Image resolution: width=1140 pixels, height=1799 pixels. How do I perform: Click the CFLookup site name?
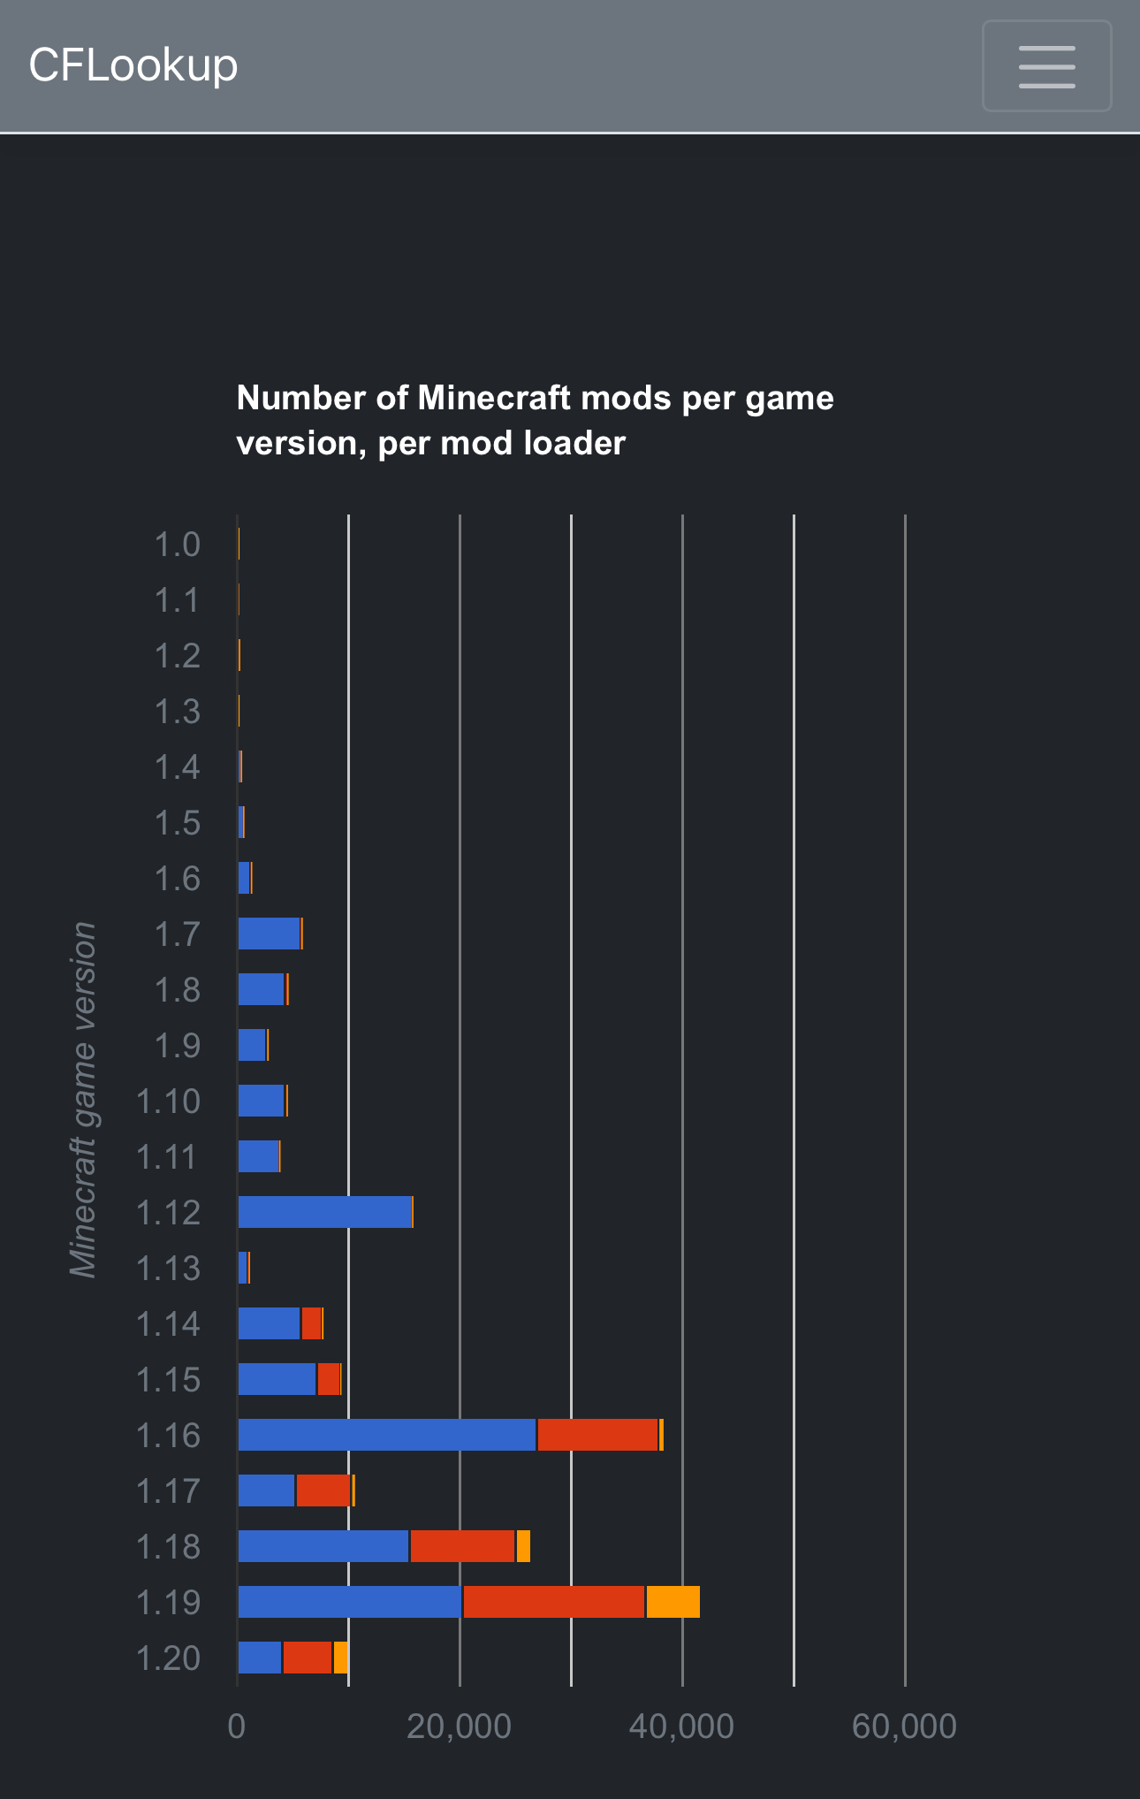[x=133, y=65]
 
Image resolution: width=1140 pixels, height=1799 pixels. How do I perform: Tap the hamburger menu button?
[x=1046, y=66]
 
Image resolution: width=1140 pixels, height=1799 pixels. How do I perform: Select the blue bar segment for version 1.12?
[x=324, y=1212]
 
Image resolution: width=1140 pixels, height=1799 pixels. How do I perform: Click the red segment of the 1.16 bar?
[x=597, y=1435]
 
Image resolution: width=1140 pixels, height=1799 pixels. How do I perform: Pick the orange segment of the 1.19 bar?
[x=673, y=1602]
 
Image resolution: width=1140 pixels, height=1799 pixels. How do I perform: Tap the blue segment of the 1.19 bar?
[x=349, y=1602]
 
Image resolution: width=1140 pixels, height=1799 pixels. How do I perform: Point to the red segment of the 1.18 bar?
[x=462, y=1546]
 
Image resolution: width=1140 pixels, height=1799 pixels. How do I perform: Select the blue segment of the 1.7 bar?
[x=269, y=934]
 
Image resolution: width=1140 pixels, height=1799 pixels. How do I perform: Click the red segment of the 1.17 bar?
[x=323, y=1490]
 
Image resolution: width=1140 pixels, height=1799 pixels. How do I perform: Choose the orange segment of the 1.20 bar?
[x=340, y=1658]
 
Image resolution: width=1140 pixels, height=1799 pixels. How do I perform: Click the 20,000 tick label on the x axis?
[x=459, y=1727]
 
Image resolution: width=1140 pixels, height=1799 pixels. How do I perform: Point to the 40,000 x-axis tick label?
[x=681, y=1727]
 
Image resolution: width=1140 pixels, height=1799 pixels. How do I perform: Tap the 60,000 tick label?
[x=904, y=1727]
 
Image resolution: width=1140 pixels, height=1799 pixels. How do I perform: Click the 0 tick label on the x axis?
[x=236, y=1727]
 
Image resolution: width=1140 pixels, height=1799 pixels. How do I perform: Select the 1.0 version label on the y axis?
[x=178, y=545]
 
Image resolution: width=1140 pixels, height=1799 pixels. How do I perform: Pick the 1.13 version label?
[x=168, y=1269]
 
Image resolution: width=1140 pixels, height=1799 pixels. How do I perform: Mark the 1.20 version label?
[x=168, y=1658]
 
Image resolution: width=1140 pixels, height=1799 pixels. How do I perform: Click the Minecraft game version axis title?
[x=83, y=1100]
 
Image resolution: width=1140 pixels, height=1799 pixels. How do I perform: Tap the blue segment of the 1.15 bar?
[x=277, y=1379]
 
